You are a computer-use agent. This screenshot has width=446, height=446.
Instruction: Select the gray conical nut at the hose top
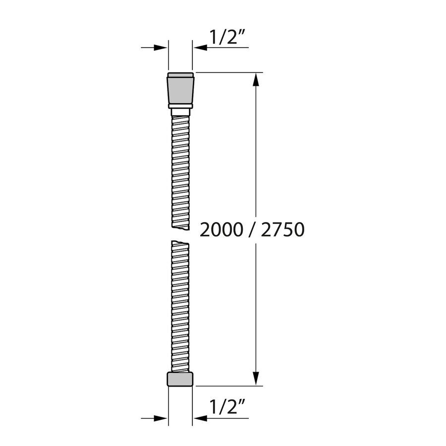180,89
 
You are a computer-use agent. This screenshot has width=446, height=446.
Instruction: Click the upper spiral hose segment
180,168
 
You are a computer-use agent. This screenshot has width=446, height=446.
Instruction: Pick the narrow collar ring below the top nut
180,106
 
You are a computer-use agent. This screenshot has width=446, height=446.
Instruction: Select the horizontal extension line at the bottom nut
228,386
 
